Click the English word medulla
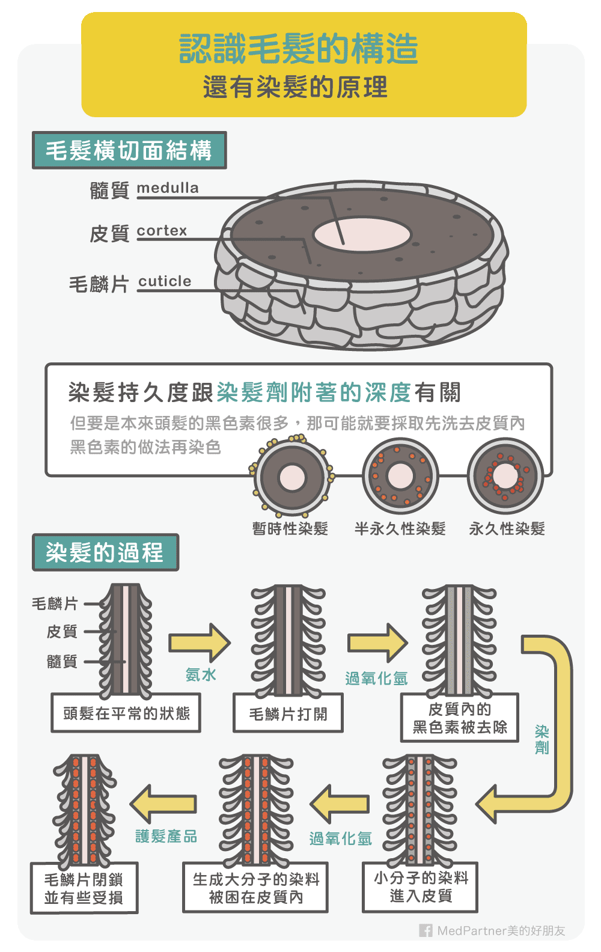pyautogui.click(x=168, y=188)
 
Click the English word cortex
pyautogui.click(x=162, y=231)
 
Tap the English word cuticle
pyautogui.click(x=165, y=281)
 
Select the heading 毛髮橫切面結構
pyautogui.click(x=129, y=150)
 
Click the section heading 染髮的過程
pyautogui.click(x=105, y=552)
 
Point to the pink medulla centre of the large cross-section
pyautogui.click(x=362, y=234)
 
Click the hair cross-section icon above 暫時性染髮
pyautogui.click(x=292, y=478)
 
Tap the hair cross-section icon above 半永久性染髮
pyautogui.click(x=400, y=477)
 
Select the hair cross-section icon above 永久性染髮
pyautogui.click(x=505, y=477)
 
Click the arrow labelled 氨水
pyautogui.click(x=200, y=642)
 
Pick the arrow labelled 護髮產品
pyautogui.click(x=163, y=804)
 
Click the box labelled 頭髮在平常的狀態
pyautogui.click(x=126, y=713)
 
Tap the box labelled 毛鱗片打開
pyautogui.click(x=288, y=713)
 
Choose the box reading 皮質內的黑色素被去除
pyautogui.click(x=460, y=718)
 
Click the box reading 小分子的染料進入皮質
pyautogui.click(x=420, y=888)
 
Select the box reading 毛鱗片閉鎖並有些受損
pyautogui.click(x=84, y=888)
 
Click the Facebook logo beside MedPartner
pyautogui.click(x=426, y=930)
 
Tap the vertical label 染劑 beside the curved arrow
pyautogui.click(x=542, y=739)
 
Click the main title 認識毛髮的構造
pyautogui.click(x=299, y=49)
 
